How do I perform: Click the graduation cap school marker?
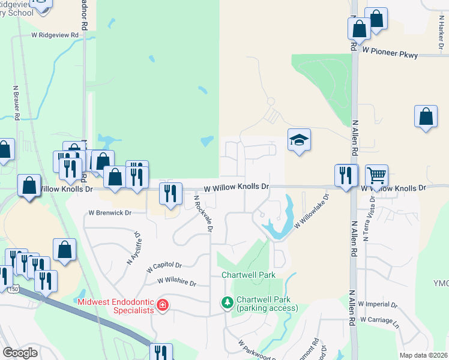pyautogui.click(x=299, y=140)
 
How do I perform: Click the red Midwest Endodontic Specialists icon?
pyautogui.click(x=161, y=306)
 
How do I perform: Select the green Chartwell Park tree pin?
pyautogui.click(x=228, y=301)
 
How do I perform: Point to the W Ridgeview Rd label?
pyautogui.click(x=55, y=35)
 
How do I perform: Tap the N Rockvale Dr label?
pyautogui.click(x=203, y=215)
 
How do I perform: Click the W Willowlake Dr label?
pyautogui.click(x=312, y=210)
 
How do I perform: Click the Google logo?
pyautogui.click(x=20, y=353)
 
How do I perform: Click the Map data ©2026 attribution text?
pyautogui.click(x=423, y=355)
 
